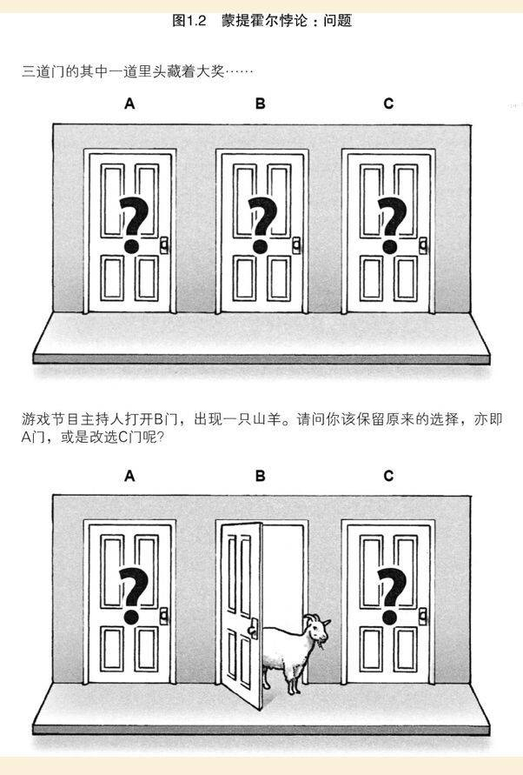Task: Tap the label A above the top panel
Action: coord(129,104)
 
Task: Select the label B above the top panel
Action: coord(260,104)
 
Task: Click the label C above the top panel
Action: coord(388,104)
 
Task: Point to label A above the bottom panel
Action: coord(129,476)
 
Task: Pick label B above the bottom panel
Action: coord(260,476)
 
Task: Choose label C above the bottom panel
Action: coord(388,476)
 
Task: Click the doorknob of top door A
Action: coord(164,244)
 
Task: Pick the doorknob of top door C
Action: coord(423,244)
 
